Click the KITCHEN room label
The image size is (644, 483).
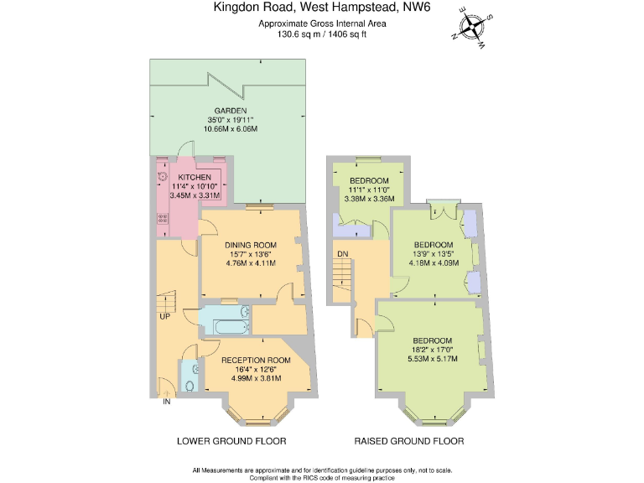pos(194,178)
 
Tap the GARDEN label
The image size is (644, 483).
pos(230,111)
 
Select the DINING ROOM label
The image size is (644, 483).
pos(250,245)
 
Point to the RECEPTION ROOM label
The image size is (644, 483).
pos(256,361)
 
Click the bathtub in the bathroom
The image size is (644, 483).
pos(225,319)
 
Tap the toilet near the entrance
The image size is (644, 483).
pos(190,385)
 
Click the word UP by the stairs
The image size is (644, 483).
pos(165,317)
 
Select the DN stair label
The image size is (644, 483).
pos(342,253)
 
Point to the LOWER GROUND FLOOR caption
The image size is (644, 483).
pos(232,441)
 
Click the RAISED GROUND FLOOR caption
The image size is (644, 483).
pos(408,441)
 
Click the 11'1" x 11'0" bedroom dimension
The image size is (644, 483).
pos(369,190)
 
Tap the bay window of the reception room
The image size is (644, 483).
pos(256,413)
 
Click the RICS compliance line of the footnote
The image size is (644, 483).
pos(323,477)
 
